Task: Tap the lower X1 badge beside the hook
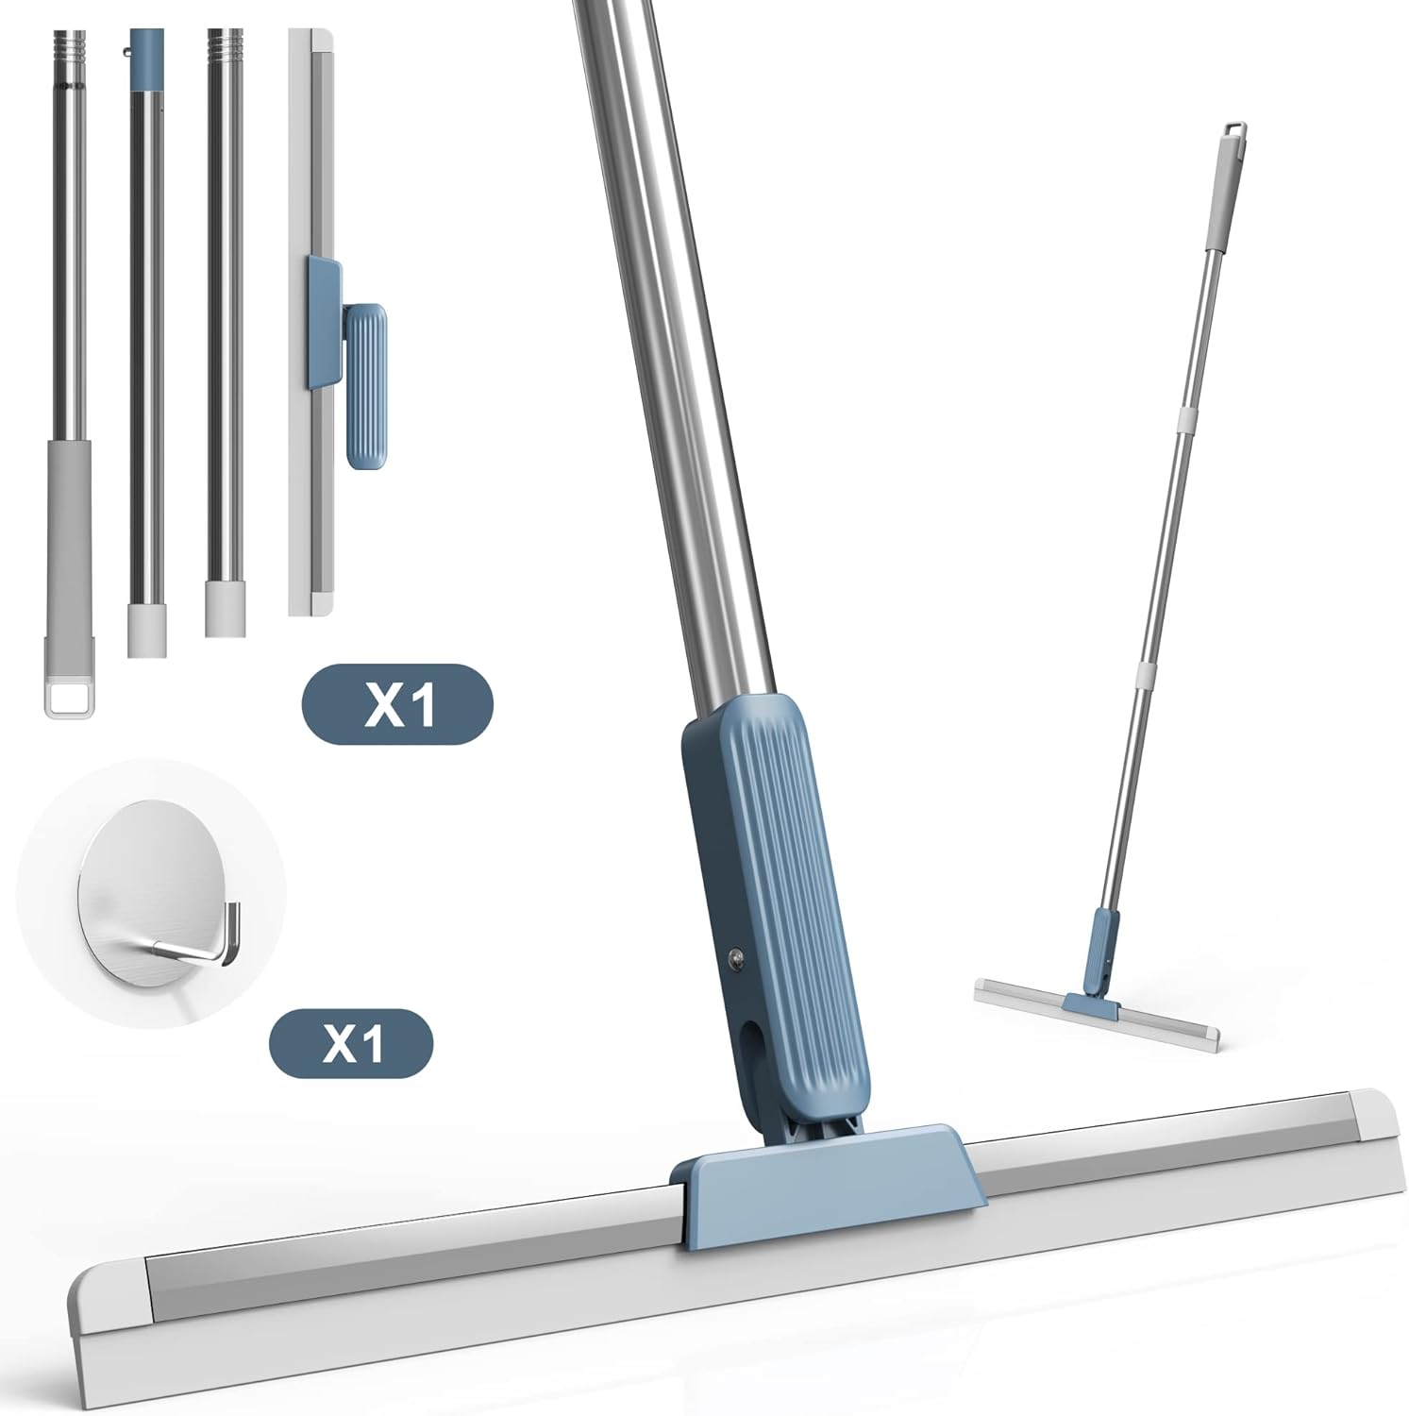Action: click(351, 1042)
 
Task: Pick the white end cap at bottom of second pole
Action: click(146, 631)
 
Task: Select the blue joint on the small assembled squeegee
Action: click(1102, 953)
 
